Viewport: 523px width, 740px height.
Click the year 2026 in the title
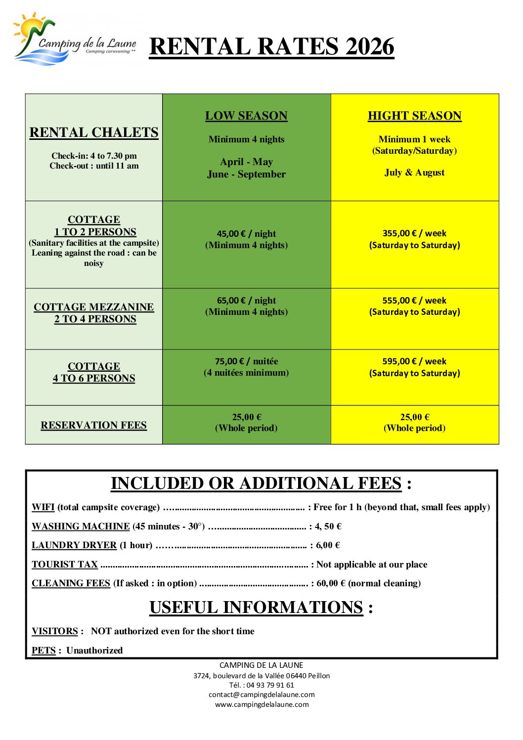pos(369,47)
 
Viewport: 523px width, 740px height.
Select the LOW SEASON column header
pos(246,116)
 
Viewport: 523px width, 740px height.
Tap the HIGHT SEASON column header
pos(414,116)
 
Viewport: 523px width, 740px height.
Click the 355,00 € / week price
pos(414,233)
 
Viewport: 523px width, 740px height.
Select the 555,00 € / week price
pos(414,301)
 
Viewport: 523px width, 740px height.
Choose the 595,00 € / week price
pos(414,361)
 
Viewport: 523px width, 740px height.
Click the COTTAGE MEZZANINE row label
pos(94,307)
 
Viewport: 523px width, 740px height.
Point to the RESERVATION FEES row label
pos(94,425)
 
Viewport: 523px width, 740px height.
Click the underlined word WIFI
pos(43,507)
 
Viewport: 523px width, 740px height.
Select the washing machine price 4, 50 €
pos(328,526)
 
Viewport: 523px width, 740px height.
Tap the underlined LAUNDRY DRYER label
pos(74,545)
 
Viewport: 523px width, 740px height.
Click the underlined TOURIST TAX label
pos(65,565)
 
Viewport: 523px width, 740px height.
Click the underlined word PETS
pos(44,651)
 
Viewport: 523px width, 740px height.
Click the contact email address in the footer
pos(261,695)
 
